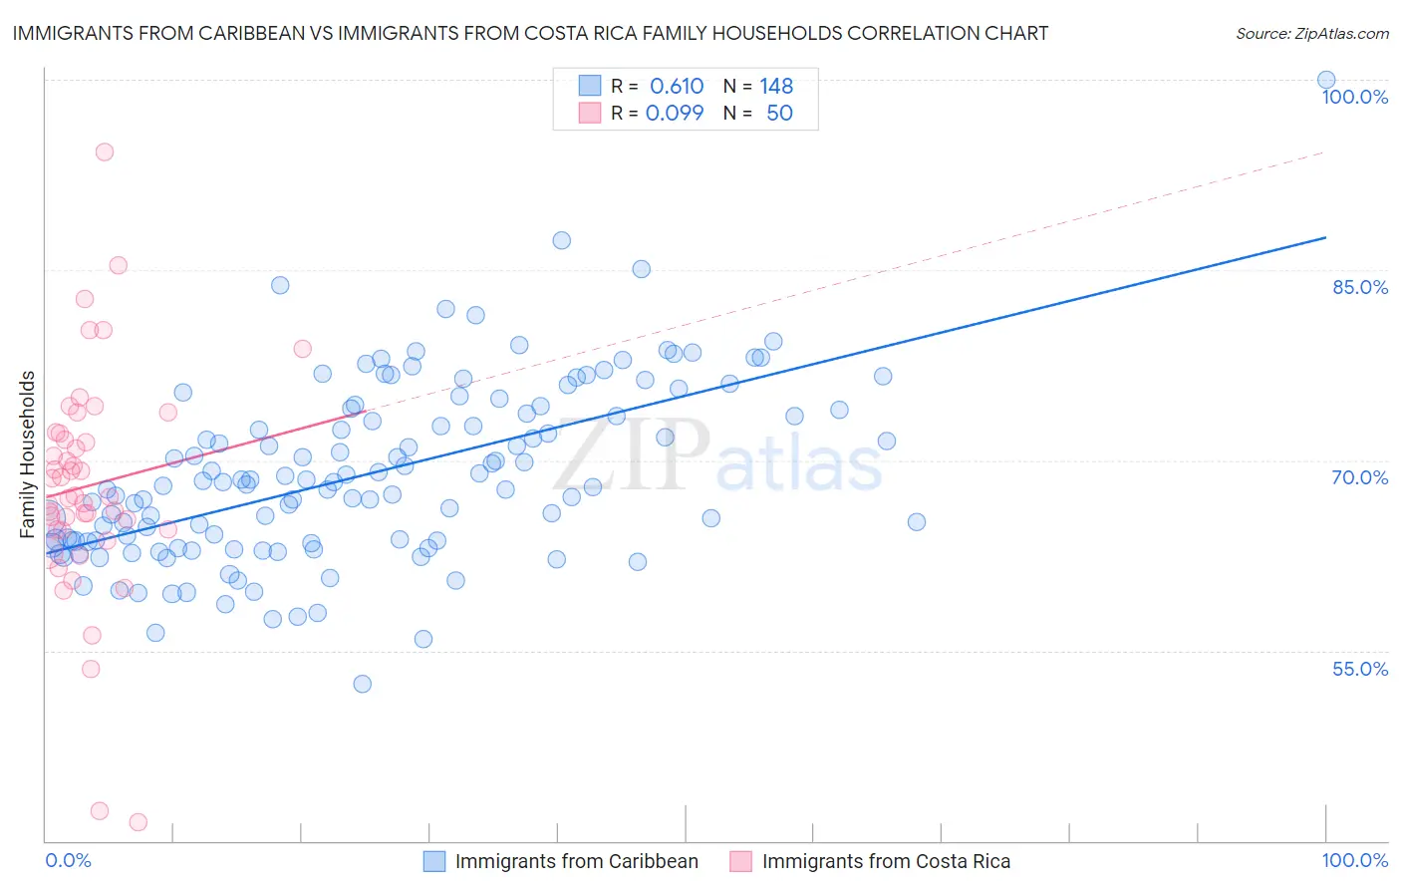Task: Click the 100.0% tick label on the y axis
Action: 1354,97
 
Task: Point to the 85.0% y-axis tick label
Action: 1359,287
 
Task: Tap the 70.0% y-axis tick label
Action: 1359,477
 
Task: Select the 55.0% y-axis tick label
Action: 1359,669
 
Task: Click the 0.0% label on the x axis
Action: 68,860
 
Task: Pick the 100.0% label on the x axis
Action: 1354,860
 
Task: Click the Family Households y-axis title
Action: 28,454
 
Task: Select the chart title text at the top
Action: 530,33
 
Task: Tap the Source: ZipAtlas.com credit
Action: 1311,34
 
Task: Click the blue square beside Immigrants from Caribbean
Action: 434,861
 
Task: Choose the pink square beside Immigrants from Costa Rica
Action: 740,861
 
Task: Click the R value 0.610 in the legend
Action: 677,87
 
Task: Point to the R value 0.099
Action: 675,113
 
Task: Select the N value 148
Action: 776,87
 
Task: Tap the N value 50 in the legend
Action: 779,113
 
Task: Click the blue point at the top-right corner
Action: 1326,80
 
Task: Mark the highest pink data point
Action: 105,152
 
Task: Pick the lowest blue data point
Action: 363,684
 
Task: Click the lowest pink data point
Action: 139,822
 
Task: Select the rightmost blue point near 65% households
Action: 917,522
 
